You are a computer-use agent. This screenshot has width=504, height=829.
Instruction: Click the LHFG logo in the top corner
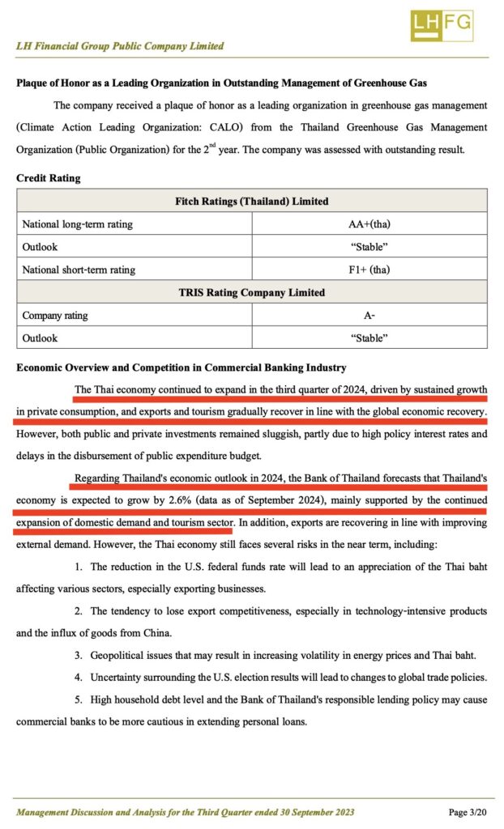(x=441, y=26)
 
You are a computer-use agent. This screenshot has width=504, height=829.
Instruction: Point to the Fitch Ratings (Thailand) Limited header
(x=252, y=201)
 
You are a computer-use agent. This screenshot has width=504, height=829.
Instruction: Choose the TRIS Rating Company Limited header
(x=252, y=292)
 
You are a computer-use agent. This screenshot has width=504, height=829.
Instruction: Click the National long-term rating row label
(x=78, y=223)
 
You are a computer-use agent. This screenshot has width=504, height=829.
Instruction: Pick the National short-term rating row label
(x=79, y=269)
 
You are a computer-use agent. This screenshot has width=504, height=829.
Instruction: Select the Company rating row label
(x=55, y=315)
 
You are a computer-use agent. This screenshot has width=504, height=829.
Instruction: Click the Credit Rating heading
(x=49, y=177)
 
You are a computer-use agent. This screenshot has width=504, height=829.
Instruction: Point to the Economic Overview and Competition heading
(x=182, y=368)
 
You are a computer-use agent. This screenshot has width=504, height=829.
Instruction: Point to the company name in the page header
(x=120, y=46)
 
